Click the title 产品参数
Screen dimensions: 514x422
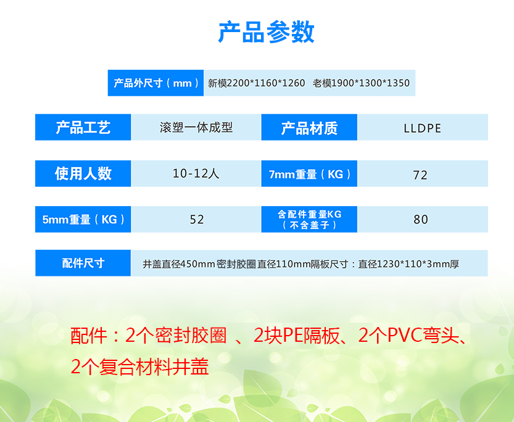(266, 32)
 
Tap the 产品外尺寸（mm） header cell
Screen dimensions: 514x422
(155, 83)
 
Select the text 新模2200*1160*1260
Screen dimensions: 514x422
(256, 83)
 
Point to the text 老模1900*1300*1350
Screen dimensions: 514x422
(361, 83)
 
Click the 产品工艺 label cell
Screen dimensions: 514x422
(83, 127)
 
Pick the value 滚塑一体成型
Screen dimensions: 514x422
(196, 128)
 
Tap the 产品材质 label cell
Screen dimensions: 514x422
(309, 127)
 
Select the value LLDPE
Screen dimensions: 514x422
(422, 128)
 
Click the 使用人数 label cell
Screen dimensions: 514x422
(83, 173)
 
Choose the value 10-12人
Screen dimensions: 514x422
(196, 173)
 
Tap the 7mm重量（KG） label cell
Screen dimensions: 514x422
(309, 173)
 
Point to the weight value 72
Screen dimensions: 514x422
(420, 175)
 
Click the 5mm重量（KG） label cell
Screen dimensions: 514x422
(83, 219)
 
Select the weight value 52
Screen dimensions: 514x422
(197, 220)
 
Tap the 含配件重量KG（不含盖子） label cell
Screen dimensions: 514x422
(309, 219)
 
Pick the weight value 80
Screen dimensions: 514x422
(421, 220)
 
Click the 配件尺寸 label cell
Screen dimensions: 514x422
(83, 263)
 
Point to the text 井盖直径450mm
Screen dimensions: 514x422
(179, 264)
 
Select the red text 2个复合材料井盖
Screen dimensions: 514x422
(139, 366)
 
